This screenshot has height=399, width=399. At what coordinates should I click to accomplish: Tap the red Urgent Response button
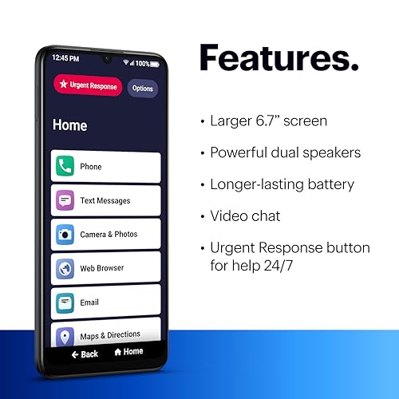tap(88, 86)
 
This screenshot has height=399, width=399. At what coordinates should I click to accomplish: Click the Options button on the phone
tap(143, 89)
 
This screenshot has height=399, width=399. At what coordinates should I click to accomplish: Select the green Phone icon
tap(65, 166)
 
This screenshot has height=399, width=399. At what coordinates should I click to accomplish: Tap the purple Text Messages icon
tap(65, 200)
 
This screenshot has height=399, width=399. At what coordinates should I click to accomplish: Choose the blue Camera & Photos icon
tap(65, 234)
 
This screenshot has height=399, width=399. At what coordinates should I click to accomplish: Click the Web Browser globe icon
tap(65, 268)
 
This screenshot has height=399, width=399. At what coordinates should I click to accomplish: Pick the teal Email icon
tap(65, 302)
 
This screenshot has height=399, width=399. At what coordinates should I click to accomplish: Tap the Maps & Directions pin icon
tap(65, 335)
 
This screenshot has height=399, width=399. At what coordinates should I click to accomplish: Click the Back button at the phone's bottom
tap(85, 353)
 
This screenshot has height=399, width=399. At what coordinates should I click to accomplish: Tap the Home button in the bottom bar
tap(128, 352)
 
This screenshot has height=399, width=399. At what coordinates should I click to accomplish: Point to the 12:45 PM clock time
tap(65, 58)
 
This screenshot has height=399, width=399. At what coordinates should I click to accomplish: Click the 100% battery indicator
tap(142, 62)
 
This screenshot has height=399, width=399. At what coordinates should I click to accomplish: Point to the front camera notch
tap(106, 59)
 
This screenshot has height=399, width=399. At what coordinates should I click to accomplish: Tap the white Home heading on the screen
tap(69, 125)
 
